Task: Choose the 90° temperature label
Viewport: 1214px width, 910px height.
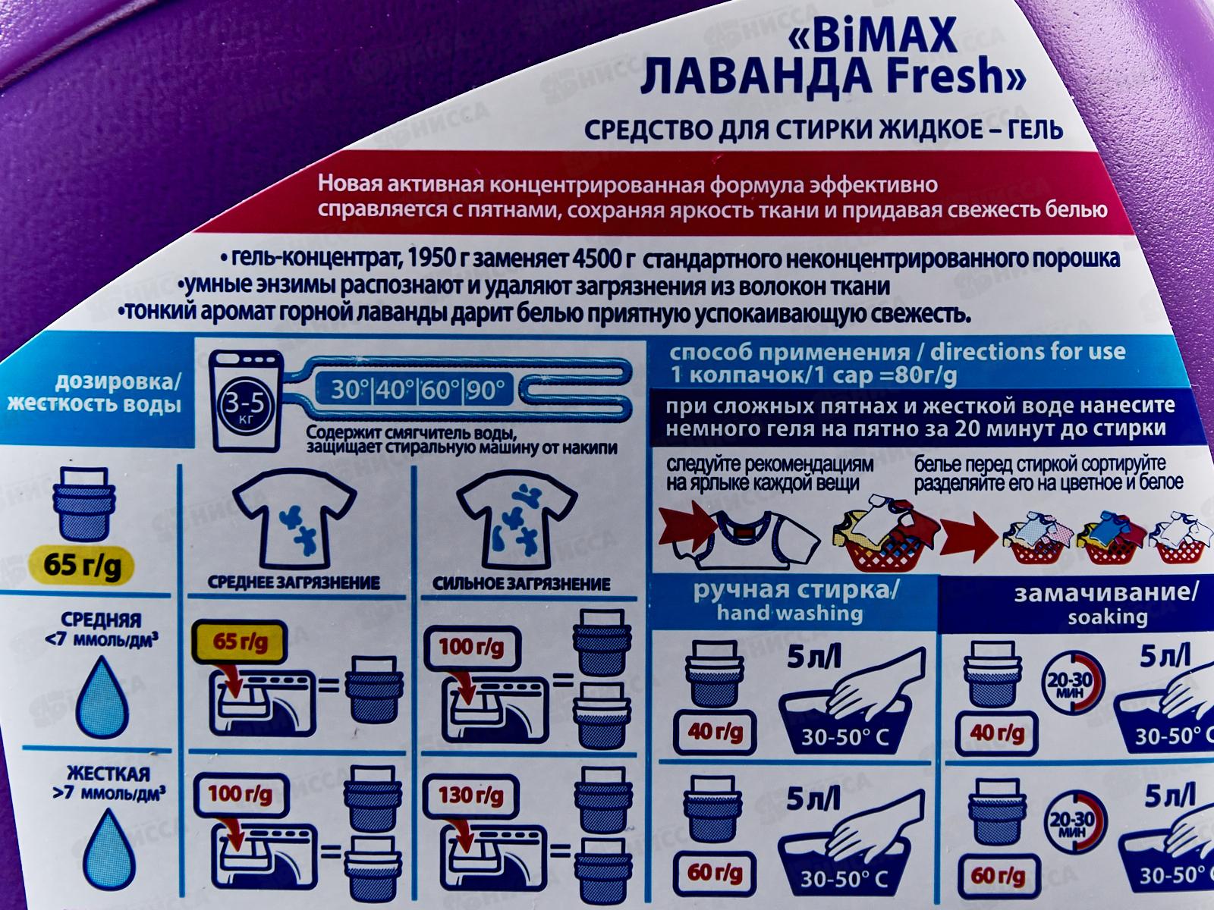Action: (x=486, y=391)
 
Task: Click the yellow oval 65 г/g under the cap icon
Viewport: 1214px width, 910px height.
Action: (x=83, y=566)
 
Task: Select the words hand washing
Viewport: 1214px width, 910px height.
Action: (x=790, y=613)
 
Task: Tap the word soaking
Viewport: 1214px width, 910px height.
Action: (x=1107, y=617)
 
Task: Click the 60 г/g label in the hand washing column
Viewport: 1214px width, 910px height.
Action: (x=715, y=872)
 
